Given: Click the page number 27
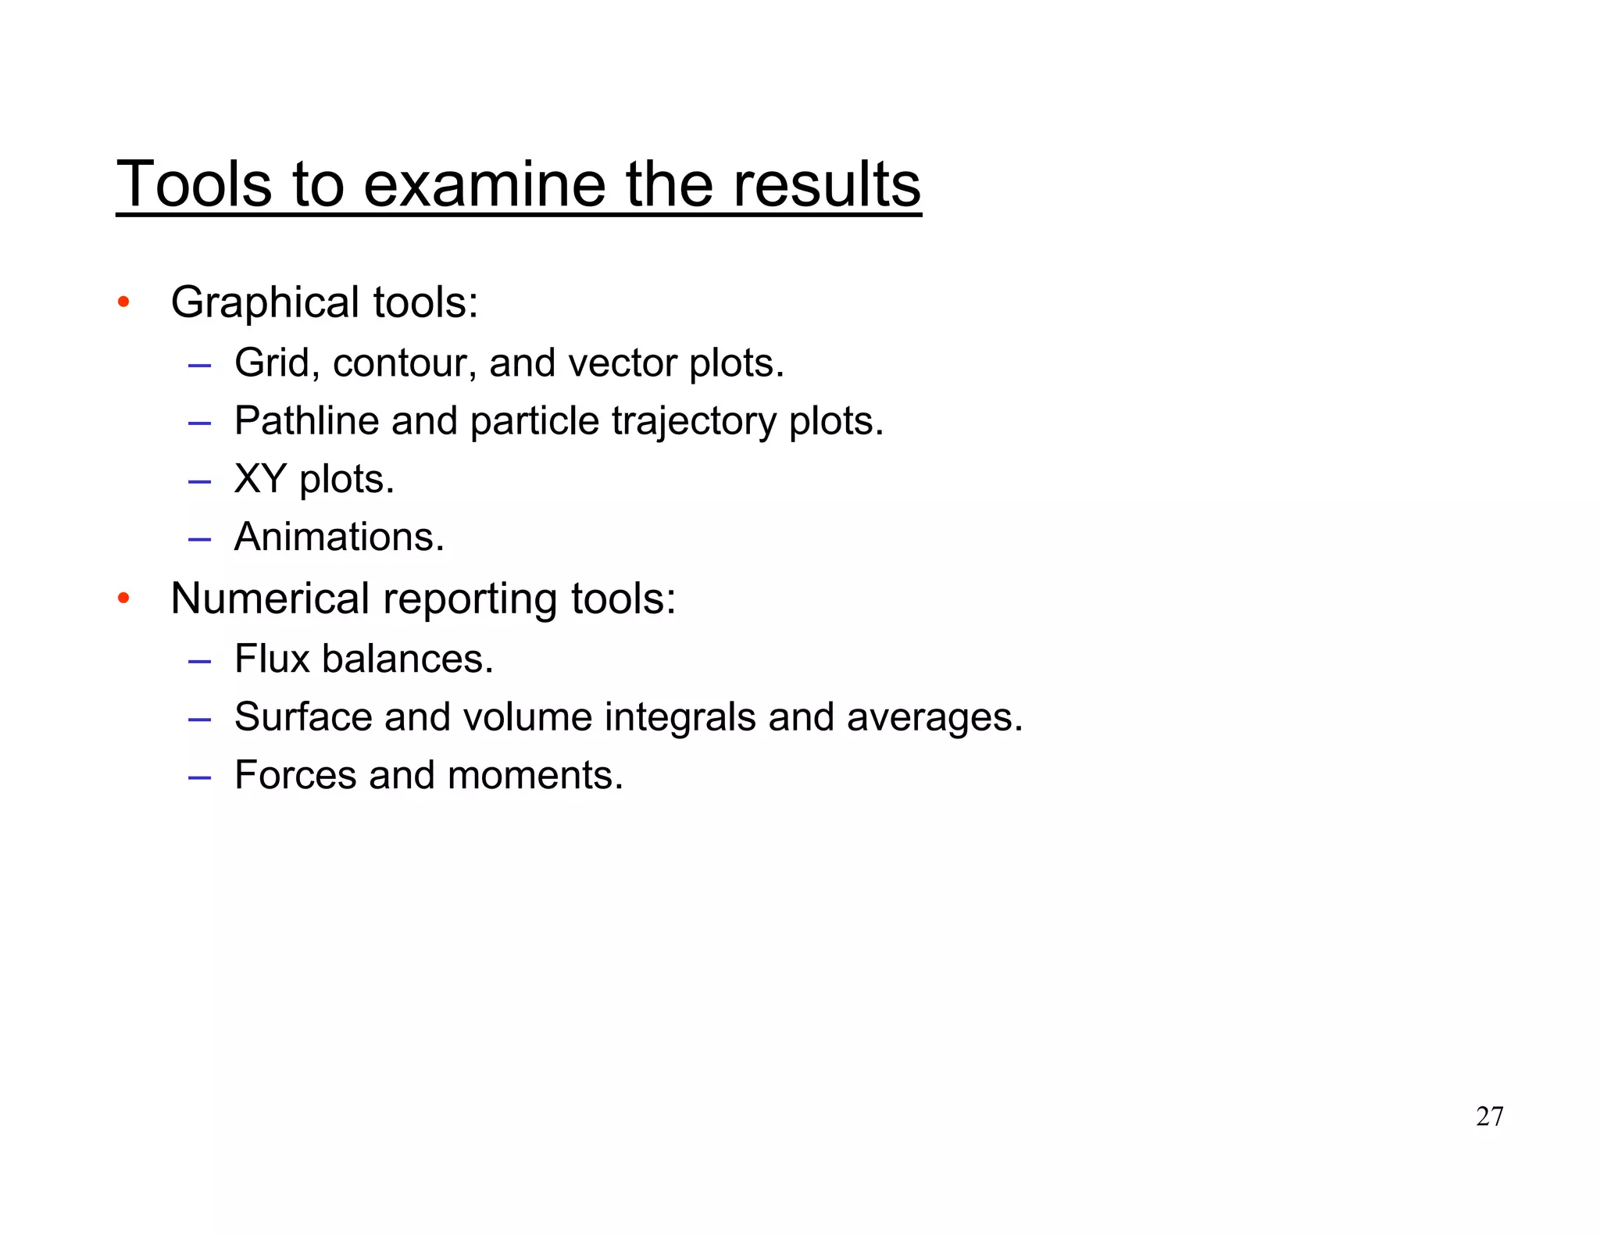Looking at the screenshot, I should [1489, 1116].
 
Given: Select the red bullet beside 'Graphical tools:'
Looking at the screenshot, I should [123, 302].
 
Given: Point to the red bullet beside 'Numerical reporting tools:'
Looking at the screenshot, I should [123, 598].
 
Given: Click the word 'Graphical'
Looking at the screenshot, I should [265, 302].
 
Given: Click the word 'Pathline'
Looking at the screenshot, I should [307, 421].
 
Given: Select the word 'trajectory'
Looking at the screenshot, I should [693, 422].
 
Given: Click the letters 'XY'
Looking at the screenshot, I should [260, 479].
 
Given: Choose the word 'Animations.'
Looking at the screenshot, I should [339, 538].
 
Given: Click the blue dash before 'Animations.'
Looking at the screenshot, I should [200, 538].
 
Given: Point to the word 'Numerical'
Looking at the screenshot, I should [270, 599].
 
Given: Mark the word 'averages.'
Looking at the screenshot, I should [934, 718].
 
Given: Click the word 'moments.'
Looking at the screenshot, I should [535, 775].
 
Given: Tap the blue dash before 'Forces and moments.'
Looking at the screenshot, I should [200, 777].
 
